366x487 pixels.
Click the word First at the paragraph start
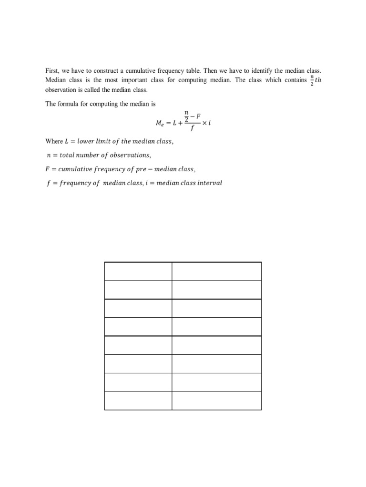click(x=52, y=71)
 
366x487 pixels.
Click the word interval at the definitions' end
click(x=209, y=183)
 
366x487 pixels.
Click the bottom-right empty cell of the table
click(x=216, y=400)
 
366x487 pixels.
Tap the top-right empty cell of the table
click(x=216, y=271)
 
